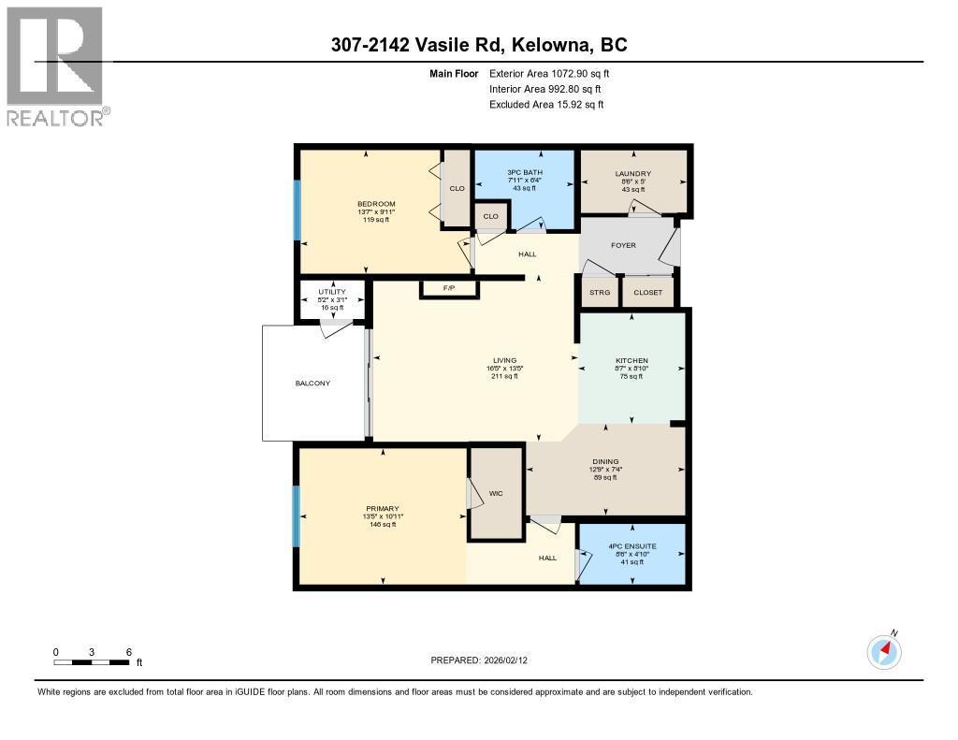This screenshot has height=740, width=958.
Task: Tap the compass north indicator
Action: point(884,651)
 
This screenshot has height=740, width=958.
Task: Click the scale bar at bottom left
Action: point(92,662)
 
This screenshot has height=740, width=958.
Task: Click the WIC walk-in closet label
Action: point(496,492)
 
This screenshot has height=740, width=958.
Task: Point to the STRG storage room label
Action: point(599,293)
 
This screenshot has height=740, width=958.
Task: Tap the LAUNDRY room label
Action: point(633,174)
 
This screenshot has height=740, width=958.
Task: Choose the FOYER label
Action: point(623,245)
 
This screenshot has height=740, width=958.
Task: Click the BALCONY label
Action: point(312,384)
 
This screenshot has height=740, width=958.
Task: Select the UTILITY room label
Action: point(331,292)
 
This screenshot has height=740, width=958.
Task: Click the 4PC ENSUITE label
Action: point(632,545)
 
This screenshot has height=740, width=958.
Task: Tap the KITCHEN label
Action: point(631,361)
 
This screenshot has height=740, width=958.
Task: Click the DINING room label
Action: point(606,461)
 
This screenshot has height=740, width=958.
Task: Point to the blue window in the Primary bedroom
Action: point(298,515)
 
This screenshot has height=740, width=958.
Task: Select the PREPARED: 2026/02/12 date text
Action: point(485,660)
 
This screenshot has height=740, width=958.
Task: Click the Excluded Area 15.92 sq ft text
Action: point(546,105)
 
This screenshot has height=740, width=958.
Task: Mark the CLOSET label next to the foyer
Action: point(647,293)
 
